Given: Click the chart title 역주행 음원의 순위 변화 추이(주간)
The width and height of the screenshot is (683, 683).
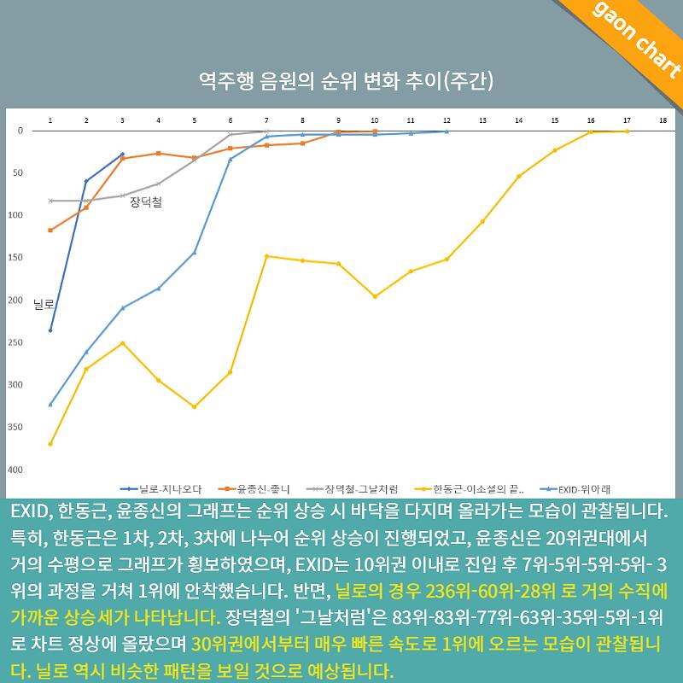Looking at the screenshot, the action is [x=346, y=80].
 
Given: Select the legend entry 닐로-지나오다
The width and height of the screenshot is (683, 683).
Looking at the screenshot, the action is [x=161, y=489].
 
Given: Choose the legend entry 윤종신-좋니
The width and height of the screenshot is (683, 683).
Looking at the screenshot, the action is [x=254, y=489].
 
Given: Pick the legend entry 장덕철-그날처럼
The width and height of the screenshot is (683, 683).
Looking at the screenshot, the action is [x=352, y=489].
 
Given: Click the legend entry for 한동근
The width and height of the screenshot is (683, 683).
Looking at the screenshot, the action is [x=469, y=489].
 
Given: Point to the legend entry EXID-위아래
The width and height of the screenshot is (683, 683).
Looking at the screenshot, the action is [x=575, y=489].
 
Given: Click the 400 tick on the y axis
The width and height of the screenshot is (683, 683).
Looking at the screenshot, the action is [x=15, y=470].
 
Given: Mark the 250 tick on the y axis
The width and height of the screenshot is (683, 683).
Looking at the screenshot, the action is [x=15, y=342].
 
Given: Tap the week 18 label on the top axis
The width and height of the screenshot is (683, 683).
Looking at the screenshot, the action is [x=663, y=120].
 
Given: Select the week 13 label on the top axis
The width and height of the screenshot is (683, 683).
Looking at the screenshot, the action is [x=482, y=120].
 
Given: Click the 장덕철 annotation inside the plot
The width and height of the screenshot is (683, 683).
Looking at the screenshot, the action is [x=146, y=202].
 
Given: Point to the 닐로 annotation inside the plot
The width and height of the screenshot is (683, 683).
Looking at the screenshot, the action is [x=44, y=304].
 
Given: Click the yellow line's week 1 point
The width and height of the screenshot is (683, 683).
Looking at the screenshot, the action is [x=50, y=444].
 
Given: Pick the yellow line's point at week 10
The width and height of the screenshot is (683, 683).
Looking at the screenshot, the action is [x=375, y=296].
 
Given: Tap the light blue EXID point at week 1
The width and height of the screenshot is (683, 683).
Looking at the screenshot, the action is [x=50, y=404].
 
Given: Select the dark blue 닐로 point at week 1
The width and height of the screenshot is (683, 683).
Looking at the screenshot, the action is [x=50, y=330].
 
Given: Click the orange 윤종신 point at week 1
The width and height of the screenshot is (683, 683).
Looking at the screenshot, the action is [x=50, y=230].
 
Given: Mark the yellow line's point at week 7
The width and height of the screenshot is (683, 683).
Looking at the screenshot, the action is [x=266, y=255].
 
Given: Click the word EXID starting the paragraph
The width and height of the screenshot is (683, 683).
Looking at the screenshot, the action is [x=29, y=511].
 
